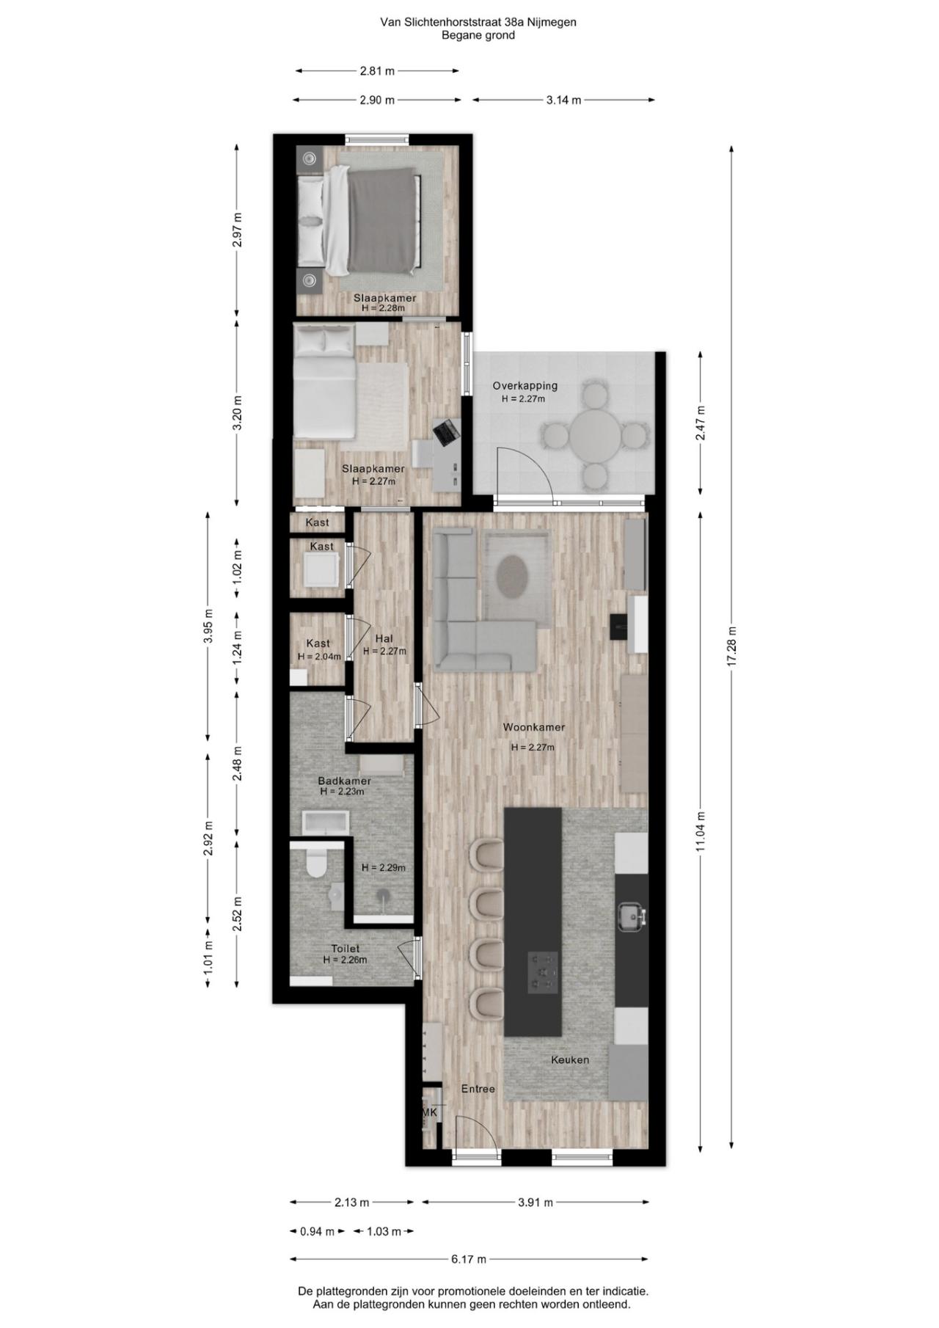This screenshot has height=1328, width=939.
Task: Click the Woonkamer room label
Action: coord(533,727)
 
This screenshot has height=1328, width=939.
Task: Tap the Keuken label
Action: coord(570,1059)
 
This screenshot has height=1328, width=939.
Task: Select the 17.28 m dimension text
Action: coord(731,646)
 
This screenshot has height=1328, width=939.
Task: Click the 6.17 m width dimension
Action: coord(469,1259)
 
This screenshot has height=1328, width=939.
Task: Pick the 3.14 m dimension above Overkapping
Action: coord(563,100)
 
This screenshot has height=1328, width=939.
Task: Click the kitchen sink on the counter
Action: coord(630,916)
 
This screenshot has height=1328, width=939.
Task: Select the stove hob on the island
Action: coord(542,973)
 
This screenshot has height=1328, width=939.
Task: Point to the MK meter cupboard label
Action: coord(429,1112)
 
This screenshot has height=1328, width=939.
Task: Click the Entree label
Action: coord(478,1089)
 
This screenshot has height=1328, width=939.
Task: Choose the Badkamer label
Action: coord(344,781)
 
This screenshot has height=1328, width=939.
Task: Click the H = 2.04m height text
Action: coord(319,657)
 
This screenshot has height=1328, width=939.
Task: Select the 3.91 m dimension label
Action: coord(536,1202)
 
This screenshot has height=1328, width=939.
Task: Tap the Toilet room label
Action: coord(345,949)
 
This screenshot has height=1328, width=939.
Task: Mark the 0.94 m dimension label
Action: coord(317,1231)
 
